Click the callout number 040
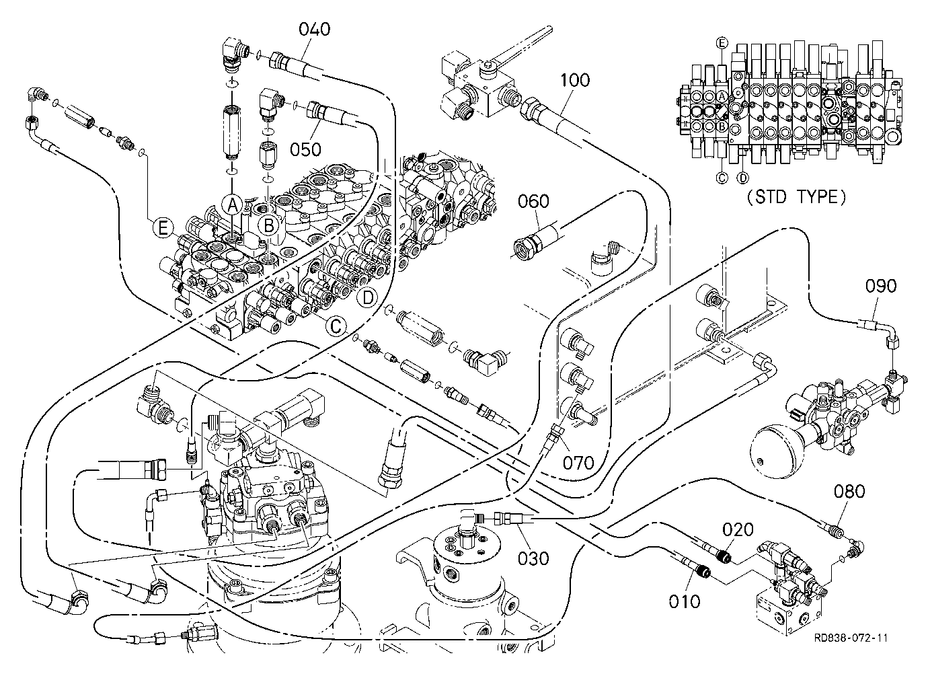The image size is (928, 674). (315, 30)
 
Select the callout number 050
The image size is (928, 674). (305, 149)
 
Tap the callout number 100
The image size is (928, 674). (575, 80)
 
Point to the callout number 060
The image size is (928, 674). (534, 201)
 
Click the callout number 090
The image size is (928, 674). (881, 286)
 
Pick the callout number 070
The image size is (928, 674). (578, 463)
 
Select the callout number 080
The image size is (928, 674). (850, 492)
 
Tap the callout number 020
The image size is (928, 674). (738, 530)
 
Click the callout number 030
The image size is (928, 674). (534, 559)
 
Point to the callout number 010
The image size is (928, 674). (685, 601)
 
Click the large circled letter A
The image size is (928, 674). (233, 204)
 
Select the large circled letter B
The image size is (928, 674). (269, 226)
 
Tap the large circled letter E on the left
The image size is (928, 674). (163, 228)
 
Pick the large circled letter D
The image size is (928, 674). (368, 297)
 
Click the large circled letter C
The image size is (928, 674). (336, 326)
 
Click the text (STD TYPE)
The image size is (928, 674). (796, 197)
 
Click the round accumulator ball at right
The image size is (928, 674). (774, 453)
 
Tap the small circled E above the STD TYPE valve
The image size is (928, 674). (722, 42)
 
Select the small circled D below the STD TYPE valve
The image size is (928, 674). (743, 178)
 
